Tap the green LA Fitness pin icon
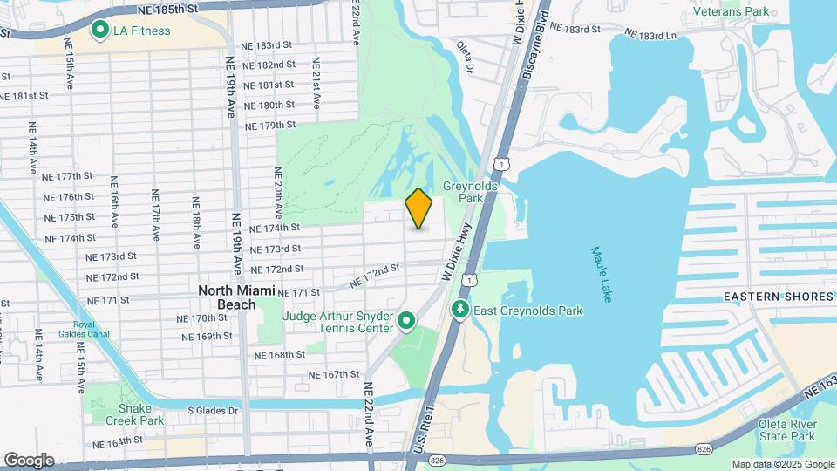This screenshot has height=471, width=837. pos(99,31)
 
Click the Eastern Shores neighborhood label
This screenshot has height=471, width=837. pos(779,297)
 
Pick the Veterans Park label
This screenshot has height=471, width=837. pos(732,11)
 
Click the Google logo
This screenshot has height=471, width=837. pos(29,460)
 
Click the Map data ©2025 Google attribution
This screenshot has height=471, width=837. pos(783,464)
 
